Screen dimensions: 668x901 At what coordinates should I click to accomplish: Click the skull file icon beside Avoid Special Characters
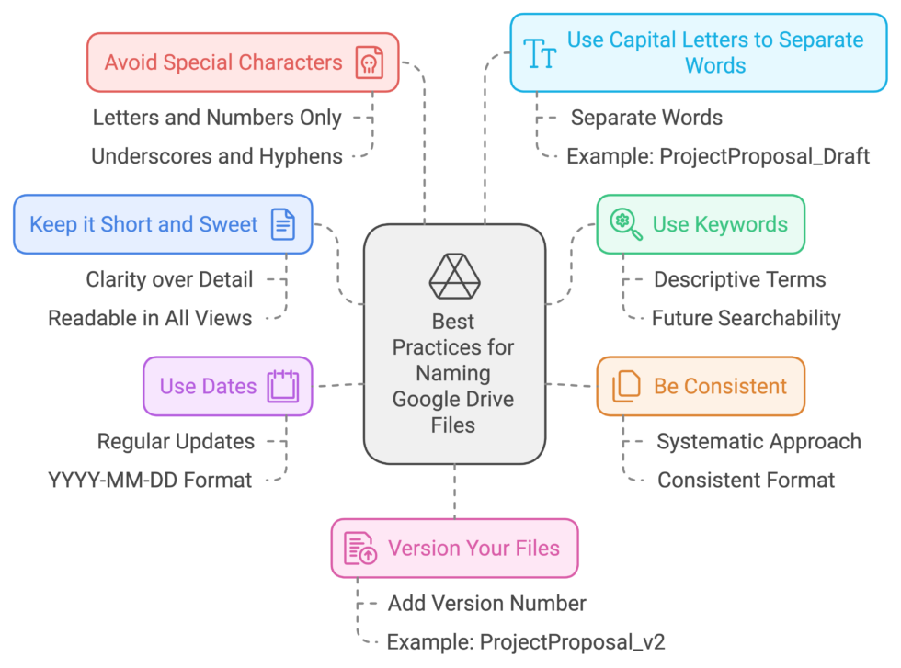point(370,63)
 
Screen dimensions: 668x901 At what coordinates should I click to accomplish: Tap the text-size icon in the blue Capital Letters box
point(540,53)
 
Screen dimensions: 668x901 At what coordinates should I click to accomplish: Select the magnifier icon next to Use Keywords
point(626,224)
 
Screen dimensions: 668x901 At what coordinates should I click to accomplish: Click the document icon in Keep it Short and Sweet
point(283,224)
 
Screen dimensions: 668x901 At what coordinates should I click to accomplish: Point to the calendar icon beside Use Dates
point(283,386)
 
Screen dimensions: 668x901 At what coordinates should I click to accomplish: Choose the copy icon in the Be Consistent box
point(626,386)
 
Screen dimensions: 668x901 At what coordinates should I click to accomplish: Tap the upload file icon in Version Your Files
point(360,549)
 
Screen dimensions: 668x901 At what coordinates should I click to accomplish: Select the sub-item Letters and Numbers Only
point(217,118)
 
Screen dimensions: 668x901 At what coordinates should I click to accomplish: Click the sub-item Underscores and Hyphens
point(217,156)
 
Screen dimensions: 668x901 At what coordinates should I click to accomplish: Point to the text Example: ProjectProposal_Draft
point(718,156)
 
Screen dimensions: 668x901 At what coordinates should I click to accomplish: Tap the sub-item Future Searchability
point(746,319)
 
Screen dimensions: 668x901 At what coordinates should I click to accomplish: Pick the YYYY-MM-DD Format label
point(150,480)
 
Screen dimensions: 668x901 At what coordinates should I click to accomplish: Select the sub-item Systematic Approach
point(758,442)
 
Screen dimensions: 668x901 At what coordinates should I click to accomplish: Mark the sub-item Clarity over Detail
point(169,279)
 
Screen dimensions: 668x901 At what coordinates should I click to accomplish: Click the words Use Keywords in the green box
point(720,224)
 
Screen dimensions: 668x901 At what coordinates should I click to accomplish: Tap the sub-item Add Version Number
point(486,604)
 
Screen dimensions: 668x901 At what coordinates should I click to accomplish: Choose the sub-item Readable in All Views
point(150,319)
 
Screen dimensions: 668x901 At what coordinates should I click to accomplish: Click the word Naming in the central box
point(453,373)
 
